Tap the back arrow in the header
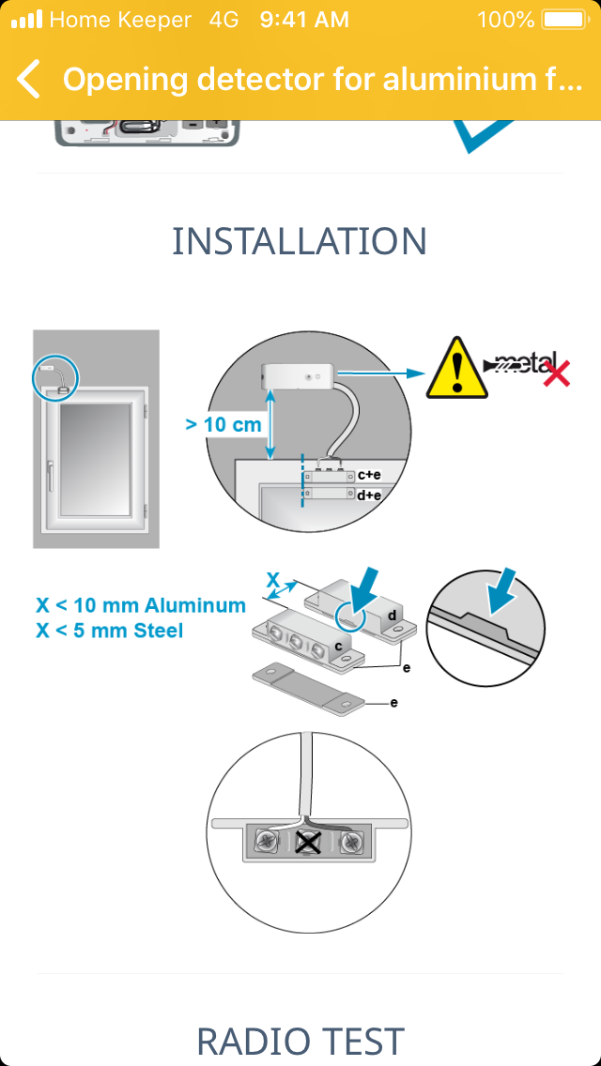pyautogui.click(x=28, y=79)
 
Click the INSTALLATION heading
pyautogui.click(x=300, y=240)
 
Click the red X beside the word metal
pyautogui.click(x=556, y=373)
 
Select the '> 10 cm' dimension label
pyautogui.click(x=223, y=425)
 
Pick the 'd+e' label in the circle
pyautogui.click(x=368, y=495)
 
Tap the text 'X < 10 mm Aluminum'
pyautogui.click(x=140, y=605)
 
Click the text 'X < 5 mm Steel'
pyautogui.click(x=110, y=631)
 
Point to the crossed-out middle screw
pyautogui.click(x=308, y=842)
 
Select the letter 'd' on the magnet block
pyautogui.click(x=392, y=616)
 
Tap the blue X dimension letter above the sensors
pyautogui.click(x=272, y=580)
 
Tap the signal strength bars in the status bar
pyautogui.click(x=26, y=20)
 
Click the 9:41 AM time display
pyautogui.click(x=304, y=20)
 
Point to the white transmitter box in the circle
pyautogui.click(x=298, y=374)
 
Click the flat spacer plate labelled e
pyautogui.click(x=310, y=687)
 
